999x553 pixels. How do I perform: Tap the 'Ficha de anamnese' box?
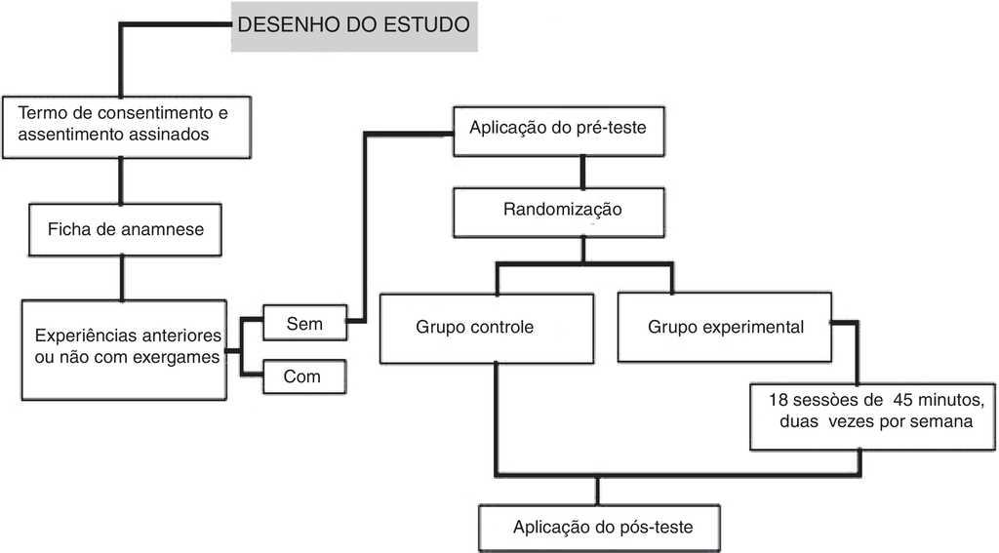(x=123, y=230)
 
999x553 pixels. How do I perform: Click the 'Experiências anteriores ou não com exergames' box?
(x=123, y=349)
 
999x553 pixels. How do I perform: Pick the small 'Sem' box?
(x=304, y=322)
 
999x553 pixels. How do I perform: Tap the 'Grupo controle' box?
(x=475, y=327)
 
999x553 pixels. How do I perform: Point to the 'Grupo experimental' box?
(x=726, y=327)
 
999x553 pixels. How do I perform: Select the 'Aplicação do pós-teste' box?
(x=602, y=527)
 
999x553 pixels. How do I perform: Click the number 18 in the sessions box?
(x=779, y=401)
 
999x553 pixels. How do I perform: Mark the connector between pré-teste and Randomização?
(x=582, y=174)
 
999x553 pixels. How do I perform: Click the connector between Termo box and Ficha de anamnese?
(x=122, y=180)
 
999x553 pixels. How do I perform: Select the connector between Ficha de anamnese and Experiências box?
(x=122, y=277)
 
